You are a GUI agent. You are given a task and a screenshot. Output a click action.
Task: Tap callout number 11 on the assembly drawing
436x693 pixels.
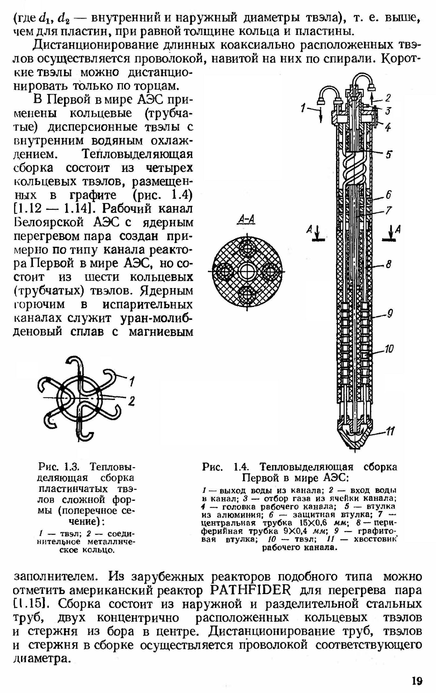coord(390,431)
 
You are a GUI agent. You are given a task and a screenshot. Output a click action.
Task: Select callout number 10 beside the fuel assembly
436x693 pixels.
coord(389,349)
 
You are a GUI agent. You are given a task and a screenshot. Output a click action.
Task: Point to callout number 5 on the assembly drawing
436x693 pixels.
coord(389,155)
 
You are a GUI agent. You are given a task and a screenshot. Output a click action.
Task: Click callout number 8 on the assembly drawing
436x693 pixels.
coord(389,264)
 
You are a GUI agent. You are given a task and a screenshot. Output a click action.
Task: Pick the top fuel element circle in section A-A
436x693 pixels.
coord(247,248)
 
